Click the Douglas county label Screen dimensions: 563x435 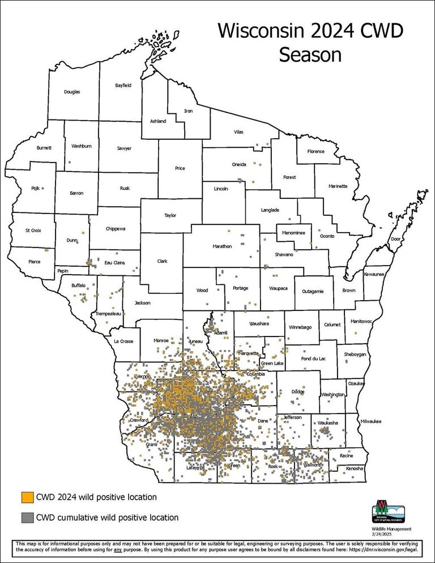click(72, 92)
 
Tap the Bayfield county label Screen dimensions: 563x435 click(123, 86)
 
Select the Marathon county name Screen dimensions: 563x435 click(222, 246)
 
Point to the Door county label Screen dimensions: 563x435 click(395, 240)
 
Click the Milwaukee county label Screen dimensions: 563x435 click(371, 421)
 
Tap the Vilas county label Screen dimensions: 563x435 click(238, 131)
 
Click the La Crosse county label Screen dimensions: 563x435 click(123, 342)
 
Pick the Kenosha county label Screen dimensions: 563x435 click(355, 469)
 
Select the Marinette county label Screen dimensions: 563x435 click(339, 186)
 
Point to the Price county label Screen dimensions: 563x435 click(180, 168)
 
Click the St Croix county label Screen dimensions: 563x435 click(33, 231)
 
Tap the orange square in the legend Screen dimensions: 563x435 click(27, 497)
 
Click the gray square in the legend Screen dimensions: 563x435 click(27, 517)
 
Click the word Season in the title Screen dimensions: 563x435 click(310, 55)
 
